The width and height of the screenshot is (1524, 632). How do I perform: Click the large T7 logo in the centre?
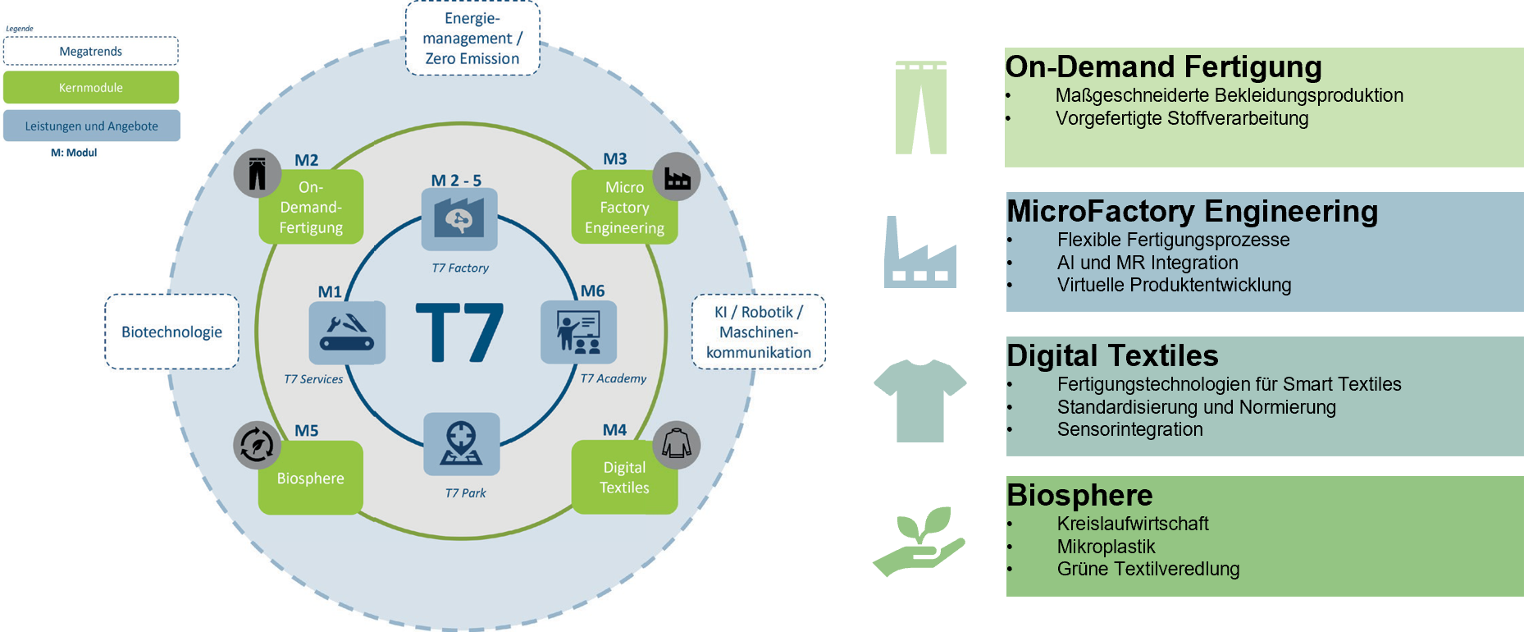click(x=459, y=332)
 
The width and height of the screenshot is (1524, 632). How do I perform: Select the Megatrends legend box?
click(x=91, y=52)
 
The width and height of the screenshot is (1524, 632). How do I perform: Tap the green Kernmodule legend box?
click(x=91, y=88)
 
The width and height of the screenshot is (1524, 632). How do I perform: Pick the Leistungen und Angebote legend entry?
click(x=91, y=126)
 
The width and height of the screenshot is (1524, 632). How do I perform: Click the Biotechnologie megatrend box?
click(x=172, y=332)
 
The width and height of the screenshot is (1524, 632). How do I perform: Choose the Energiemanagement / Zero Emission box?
click(x=472, y=39)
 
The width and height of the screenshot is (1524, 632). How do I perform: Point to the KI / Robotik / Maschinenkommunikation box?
click(x=759, y=332)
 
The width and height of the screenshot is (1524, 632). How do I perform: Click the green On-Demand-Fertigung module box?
click(x=311, y=208)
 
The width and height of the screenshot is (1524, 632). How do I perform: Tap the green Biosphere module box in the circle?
click(x=310, y=479)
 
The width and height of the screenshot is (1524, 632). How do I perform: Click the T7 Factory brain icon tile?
click(x=459, y=219)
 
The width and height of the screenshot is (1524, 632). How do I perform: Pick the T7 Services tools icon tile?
click(x=347, y=332)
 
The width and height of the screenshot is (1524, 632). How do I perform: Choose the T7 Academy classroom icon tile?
click(x=578, y=332)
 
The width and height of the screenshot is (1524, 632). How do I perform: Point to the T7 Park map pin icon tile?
click(x=461, y=444)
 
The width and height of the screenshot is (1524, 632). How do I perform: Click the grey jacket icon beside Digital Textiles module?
click(x=677, y=445)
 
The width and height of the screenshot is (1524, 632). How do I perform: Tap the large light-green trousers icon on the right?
click(x=921, y=108)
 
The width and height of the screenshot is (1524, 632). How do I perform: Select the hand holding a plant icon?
click(x=919, y=541)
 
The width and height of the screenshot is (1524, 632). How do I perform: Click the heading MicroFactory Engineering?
click(x=1192, y=212)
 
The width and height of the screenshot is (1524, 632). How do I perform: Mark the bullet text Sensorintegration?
click(x=1129, y=429)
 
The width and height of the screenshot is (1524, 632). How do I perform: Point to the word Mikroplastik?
click(x=1106, y=547)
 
